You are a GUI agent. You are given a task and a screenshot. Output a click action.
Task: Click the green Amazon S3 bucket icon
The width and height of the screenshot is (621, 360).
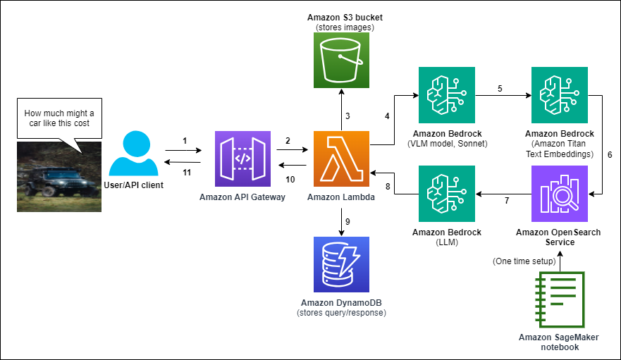click(x=340, y=61)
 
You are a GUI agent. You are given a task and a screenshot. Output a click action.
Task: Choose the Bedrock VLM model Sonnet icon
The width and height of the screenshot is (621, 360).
click(x=447, y=94)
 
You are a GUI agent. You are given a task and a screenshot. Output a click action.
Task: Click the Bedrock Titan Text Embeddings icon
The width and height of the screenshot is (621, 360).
click(x=560, y=94)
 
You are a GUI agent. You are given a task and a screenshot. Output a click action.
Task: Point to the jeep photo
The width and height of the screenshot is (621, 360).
click(x=59, y=176)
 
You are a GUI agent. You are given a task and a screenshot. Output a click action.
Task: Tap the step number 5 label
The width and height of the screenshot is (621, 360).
click(x=500, y=89)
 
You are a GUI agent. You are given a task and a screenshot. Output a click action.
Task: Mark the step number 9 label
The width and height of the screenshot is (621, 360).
click(x=347, y=221)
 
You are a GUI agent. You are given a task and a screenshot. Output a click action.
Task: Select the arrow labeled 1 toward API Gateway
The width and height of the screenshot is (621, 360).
click(x=185, y=150)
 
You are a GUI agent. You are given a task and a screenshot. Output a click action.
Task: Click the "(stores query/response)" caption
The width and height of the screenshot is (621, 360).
click(x=341, y=312)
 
